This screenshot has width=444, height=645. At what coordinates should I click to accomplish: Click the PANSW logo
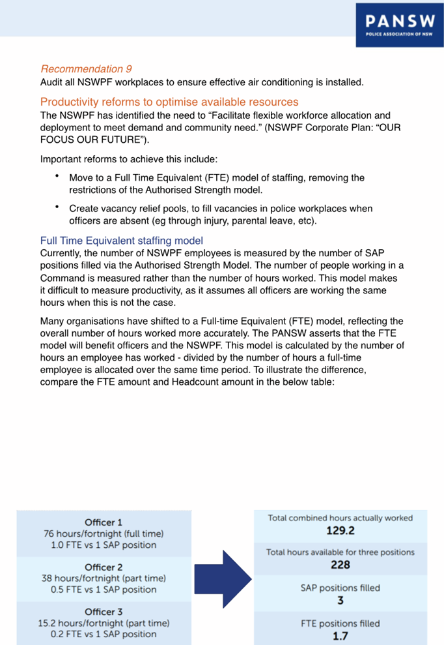click(399, 25)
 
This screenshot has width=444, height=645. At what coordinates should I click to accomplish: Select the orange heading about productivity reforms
click(169, 102)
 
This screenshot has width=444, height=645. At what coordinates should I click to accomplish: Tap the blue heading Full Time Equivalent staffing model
click(122, 240)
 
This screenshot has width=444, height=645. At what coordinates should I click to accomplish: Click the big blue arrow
click(238, 578)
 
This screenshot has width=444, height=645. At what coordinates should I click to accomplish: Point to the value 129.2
click(340, 531)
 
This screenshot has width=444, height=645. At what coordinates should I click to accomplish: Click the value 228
click(340, 565)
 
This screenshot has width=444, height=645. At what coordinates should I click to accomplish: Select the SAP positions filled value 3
click(340, 600)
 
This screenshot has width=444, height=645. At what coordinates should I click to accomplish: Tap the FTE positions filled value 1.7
click(340, 636)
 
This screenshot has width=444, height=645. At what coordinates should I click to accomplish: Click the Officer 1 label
click(104, 522)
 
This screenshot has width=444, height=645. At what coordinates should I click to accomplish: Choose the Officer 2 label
click(104, 567)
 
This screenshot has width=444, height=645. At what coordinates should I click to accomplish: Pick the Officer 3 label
click(104, 611)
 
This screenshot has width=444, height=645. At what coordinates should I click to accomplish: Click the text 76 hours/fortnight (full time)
click(104, 533)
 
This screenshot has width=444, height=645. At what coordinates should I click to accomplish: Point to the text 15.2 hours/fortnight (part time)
click(104, 623)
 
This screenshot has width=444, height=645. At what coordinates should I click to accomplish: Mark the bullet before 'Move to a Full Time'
click(57, 176)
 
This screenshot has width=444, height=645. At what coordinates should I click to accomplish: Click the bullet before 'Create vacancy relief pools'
click(57, 207)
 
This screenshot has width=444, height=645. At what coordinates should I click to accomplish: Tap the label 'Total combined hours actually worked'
click(340, 518)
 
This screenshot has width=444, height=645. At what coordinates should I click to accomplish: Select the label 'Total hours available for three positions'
click(340, 552)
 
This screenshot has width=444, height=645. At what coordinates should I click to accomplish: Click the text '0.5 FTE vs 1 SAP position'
click(104, 590)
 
